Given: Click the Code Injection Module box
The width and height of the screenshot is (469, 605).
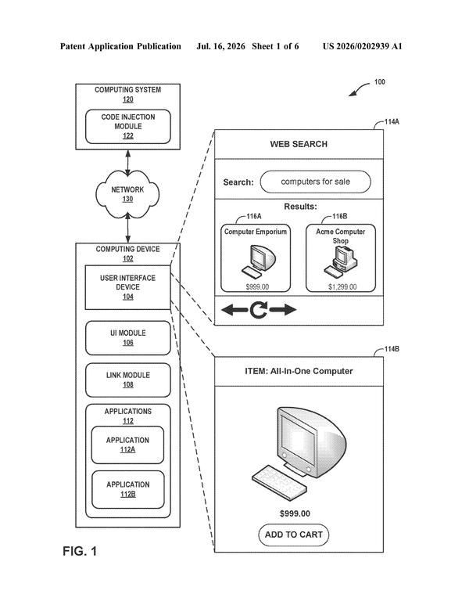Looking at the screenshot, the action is pos(128,127).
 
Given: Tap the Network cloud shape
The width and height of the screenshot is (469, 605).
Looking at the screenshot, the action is pos(127,194).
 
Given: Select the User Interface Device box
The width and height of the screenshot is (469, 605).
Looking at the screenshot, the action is pos(127,287).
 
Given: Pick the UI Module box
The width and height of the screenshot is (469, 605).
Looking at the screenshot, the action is pos(128,338).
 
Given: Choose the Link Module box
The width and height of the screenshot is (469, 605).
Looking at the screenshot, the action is pos(128,380).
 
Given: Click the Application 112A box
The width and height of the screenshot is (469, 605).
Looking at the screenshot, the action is pos(127,445).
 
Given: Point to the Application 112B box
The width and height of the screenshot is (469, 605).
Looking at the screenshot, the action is pos(128,490).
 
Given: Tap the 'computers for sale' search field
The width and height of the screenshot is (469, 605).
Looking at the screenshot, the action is pos(316,182).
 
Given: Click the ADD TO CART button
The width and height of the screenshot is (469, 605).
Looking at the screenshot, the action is pos(294,535).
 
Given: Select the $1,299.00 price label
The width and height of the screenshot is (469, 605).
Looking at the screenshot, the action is pos(342,286).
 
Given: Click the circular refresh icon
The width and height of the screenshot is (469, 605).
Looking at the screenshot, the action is pos(258,310).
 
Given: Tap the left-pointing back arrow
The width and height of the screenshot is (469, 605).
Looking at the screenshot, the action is pos(234,309).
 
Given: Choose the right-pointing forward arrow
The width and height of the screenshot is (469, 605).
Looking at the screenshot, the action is pos(283,309).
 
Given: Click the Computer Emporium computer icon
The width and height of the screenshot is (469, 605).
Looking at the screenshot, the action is pos(259,261).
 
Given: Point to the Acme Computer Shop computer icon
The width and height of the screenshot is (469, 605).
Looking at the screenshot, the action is pos(341,261).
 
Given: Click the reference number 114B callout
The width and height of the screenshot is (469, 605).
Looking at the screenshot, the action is pos(392,349).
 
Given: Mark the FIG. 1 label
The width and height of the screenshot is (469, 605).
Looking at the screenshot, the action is pos(80,551).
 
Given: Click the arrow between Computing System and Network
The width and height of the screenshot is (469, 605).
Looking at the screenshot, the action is pos(128,163).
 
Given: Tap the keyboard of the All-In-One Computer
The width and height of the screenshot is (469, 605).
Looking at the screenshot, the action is pos(279,483).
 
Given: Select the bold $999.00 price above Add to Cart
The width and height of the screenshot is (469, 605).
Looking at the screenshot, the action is pos(295,513).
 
